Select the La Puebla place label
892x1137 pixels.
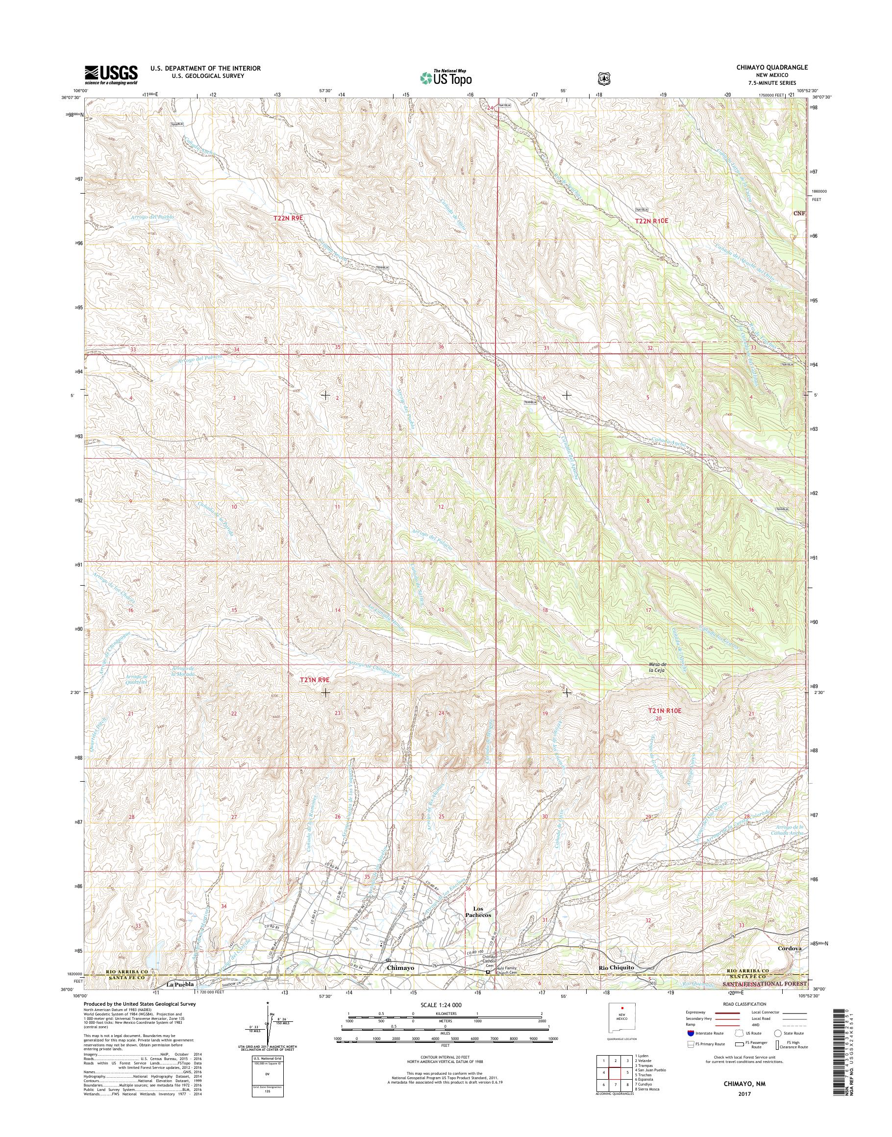[x=180, y=984]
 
